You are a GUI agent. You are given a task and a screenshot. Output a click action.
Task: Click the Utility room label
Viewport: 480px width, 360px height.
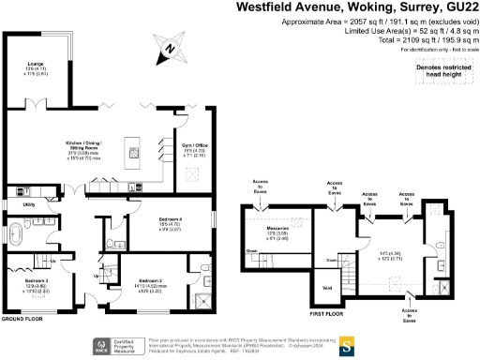[x=29, y=203]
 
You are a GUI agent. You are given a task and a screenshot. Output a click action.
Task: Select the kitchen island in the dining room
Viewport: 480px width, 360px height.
[x=135, y=152]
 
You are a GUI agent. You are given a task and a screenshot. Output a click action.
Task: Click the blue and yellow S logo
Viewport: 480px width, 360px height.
[x=343, y=343]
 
